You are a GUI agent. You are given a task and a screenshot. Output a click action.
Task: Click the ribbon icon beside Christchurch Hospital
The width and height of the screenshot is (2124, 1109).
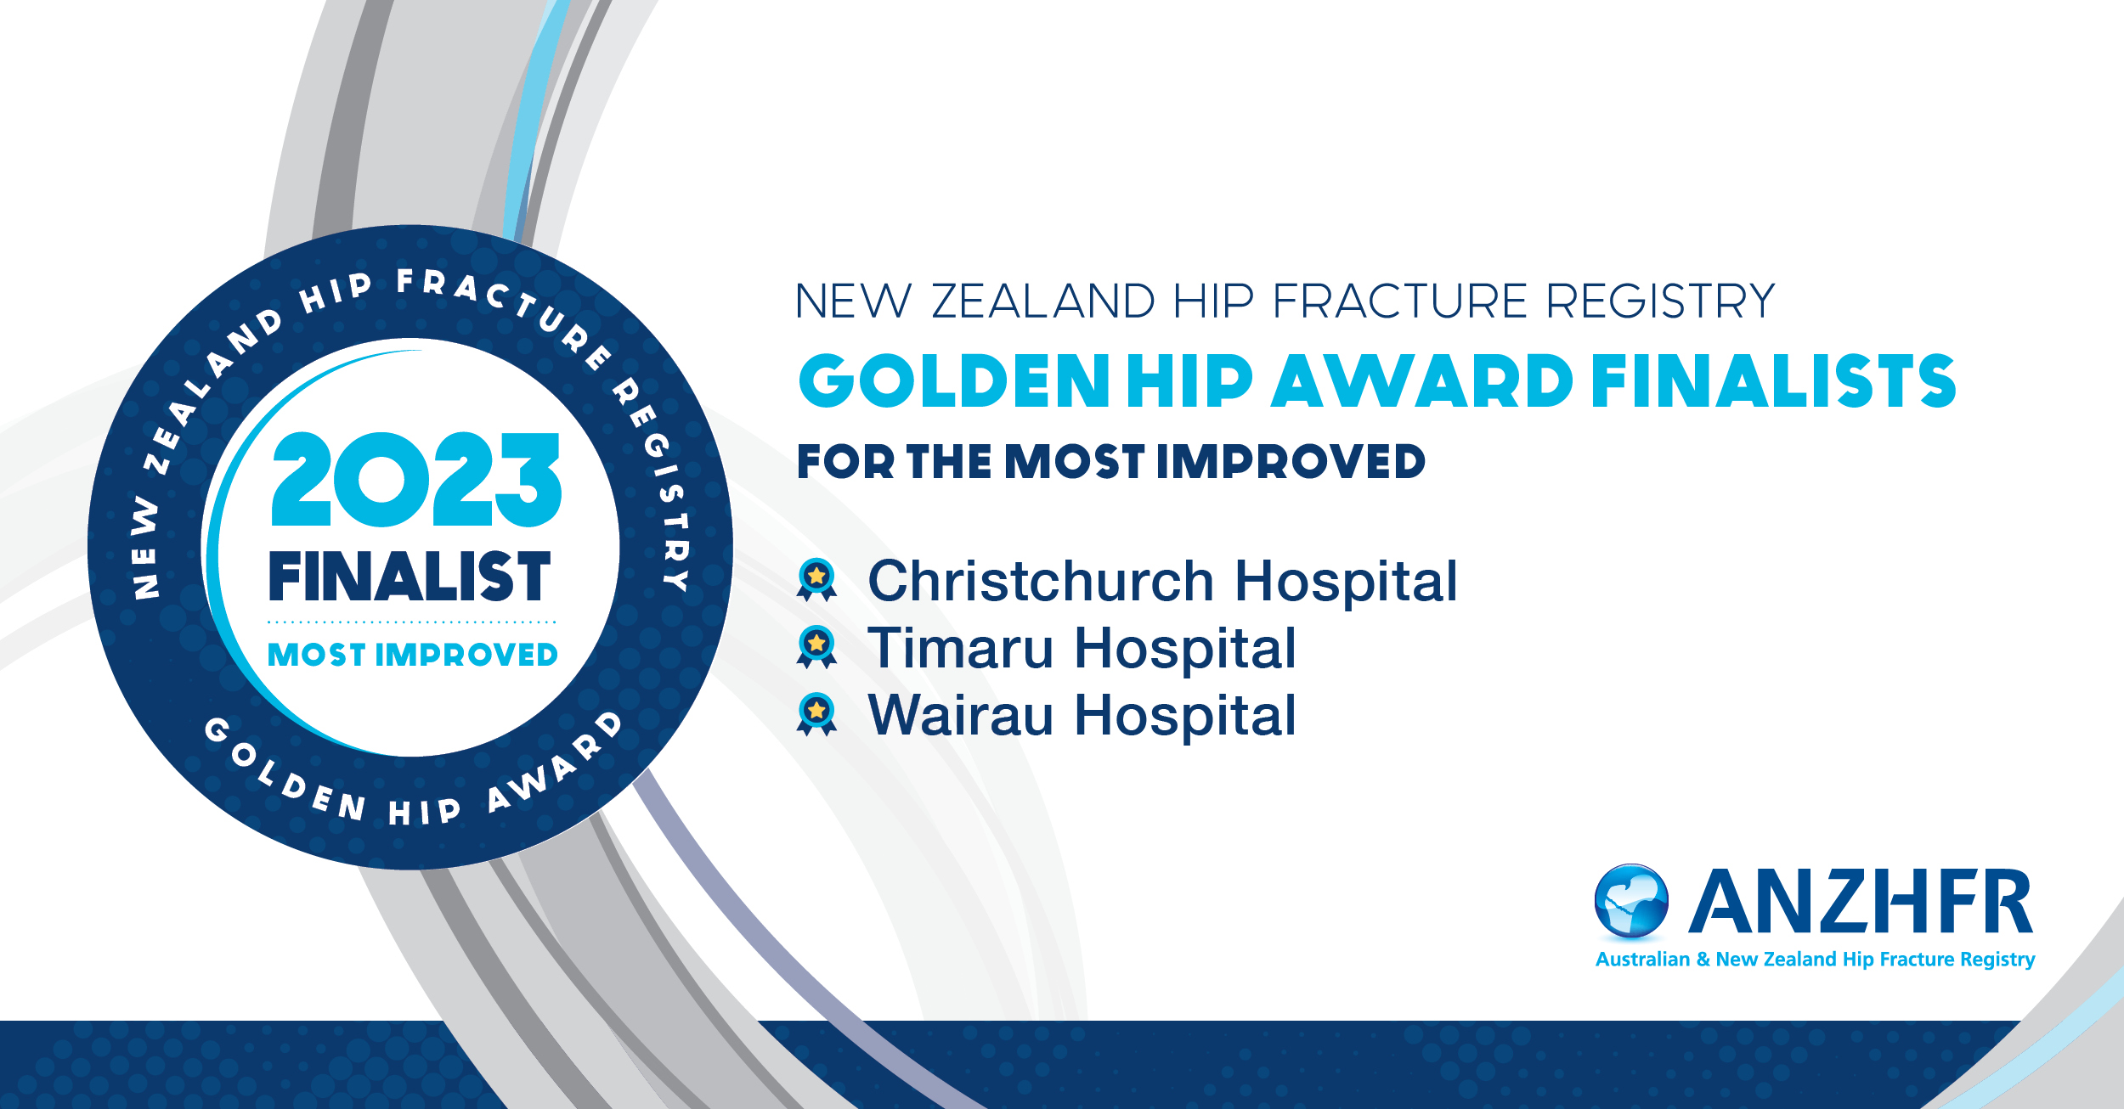tap(816, 580)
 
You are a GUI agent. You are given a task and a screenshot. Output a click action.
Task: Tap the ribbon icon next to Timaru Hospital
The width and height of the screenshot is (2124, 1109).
tap(816, 647)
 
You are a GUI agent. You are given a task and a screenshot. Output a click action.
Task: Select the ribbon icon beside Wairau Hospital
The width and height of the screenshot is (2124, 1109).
tap(816, 714)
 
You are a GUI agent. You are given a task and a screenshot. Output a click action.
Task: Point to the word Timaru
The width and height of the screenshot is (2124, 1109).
tap(960, 648)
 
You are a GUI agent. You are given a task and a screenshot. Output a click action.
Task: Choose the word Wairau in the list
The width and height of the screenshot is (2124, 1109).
tap(961, 715)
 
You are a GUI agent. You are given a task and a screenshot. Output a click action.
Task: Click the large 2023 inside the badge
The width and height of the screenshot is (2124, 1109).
tap(416, 479)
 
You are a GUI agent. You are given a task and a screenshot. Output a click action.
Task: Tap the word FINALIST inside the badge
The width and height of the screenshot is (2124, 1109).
tap(410, 577)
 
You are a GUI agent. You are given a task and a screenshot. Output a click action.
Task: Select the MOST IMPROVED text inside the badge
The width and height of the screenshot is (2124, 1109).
tap(413, 655)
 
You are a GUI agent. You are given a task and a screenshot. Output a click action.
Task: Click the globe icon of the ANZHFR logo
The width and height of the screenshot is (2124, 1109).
tap(1631, 901)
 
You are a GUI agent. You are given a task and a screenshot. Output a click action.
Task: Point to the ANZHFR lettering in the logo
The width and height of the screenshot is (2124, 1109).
tap(1860, 901)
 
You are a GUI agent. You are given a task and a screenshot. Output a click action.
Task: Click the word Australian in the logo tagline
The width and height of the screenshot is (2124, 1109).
tap(1642, 960)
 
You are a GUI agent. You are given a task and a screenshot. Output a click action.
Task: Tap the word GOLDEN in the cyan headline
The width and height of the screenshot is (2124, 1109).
tap(954, 380)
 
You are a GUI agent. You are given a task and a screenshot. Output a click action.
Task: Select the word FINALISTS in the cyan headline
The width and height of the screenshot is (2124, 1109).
tap(1774, 380)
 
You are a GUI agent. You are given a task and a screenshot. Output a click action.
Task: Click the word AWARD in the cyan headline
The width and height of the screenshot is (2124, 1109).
tap(1422, 380)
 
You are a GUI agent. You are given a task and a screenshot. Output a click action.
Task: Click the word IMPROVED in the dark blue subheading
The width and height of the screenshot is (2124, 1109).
tap(1291, 461)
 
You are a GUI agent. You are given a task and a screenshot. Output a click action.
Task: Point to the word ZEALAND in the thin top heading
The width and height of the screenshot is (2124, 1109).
tap(1043, 301)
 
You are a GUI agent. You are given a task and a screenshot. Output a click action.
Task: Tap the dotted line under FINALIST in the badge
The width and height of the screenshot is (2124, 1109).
tap(412, 622)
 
